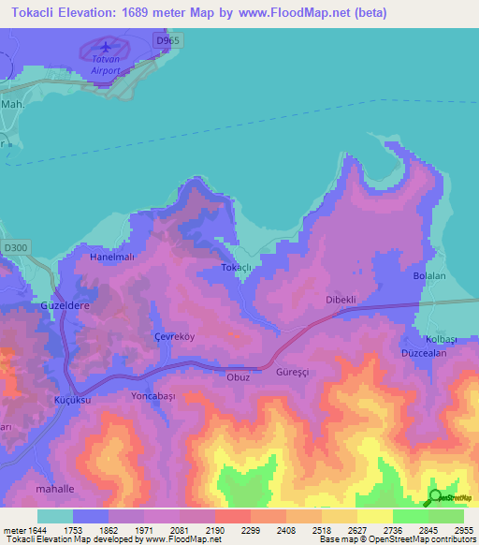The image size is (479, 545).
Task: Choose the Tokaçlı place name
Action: (237, 268)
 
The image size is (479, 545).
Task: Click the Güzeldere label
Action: (63, 305)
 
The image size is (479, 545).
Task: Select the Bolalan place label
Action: (431, 276)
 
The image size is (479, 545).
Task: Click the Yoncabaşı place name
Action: (152, 396)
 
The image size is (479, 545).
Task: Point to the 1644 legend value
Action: (37, 530)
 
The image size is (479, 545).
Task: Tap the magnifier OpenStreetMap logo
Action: (433, 497)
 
